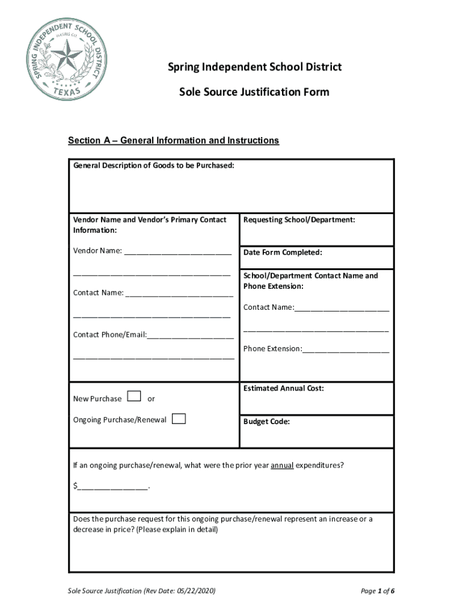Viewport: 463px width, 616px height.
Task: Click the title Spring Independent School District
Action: pyautogui.click(x=254, y=67)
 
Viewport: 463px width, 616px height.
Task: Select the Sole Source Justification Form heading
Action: pyautogui.click(x=254, y=92)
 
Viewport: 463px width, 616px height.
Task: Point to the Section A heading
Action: pyautogui.click(x=173, y=141)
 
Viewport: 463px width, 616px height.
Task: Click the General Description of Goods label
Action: pyautogui.click(x=153, y=165)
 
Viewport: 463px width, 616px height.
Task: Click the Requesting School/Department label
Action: pyautogui.click(x=299, y=220)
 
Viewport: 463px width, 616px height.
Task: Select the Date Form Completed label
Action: pyautogui.click(x=283, y=253)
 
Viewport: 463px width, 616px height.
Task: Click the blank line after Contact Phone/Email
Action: pyautogui.click(x=191, y=336)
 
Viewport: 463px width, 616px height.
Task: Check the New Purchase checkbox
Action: pyautogui.click(x=134, y=396)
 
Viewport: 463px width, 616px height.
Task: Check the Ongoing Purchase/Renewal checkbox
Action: pyautogui.click(x=179, y=419)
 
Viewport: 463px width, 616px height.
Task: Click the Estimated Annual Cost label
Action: pyautogui.click(x=283, y=389)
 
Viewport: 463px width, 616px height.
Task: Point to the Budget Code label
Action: pyautogui.click(x=266, y=422)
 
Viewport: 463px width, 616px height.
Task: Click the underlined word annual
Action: pyautogui.click(x=282, y=466)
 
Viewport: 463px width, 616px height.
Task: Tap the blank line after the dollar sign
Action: pyautogui.click(x=112, y=487)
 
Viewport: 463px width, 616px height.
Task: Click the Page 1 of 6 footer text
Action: pyautogui.click(x=377, y=591)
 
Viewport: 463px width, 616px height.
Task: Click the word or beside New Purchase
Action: pyautogui.click(x=151, y=399)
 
